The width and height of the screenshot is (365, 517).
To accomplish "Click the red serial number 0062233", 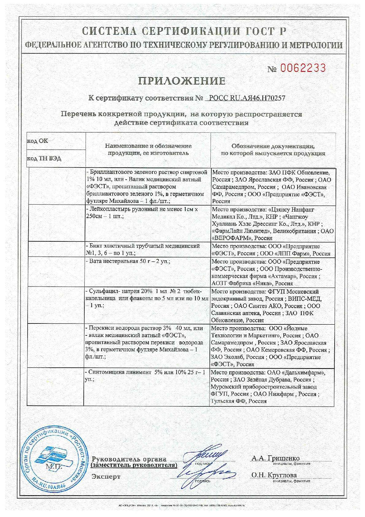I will (x=301, y=68).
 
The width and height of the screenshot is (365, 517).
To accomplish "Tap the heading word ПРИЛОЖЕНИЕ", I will (x=182, y=81).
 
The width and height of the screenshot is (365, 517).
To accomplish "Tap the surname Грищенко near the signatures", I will (x=284, y=458).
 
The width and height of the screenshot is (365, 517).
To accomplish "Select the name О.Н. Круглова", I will (x=274, y=475).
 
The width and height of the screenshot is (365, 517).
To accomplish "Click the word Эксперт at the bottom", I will (x=106, y=477).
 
